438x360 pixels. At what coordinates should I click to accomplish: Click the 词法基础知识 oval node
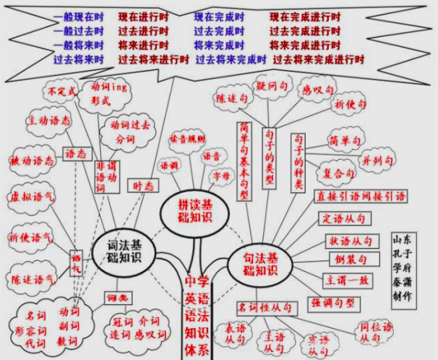click(119, 249)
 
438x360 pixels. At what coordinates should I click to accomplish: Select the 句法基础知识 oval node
click(259, 265)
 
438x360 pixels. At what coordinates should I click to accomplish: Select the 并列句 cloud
click(377, 160)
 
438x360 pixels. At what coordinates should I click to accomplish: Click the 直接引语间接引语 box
click(361, 196)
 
